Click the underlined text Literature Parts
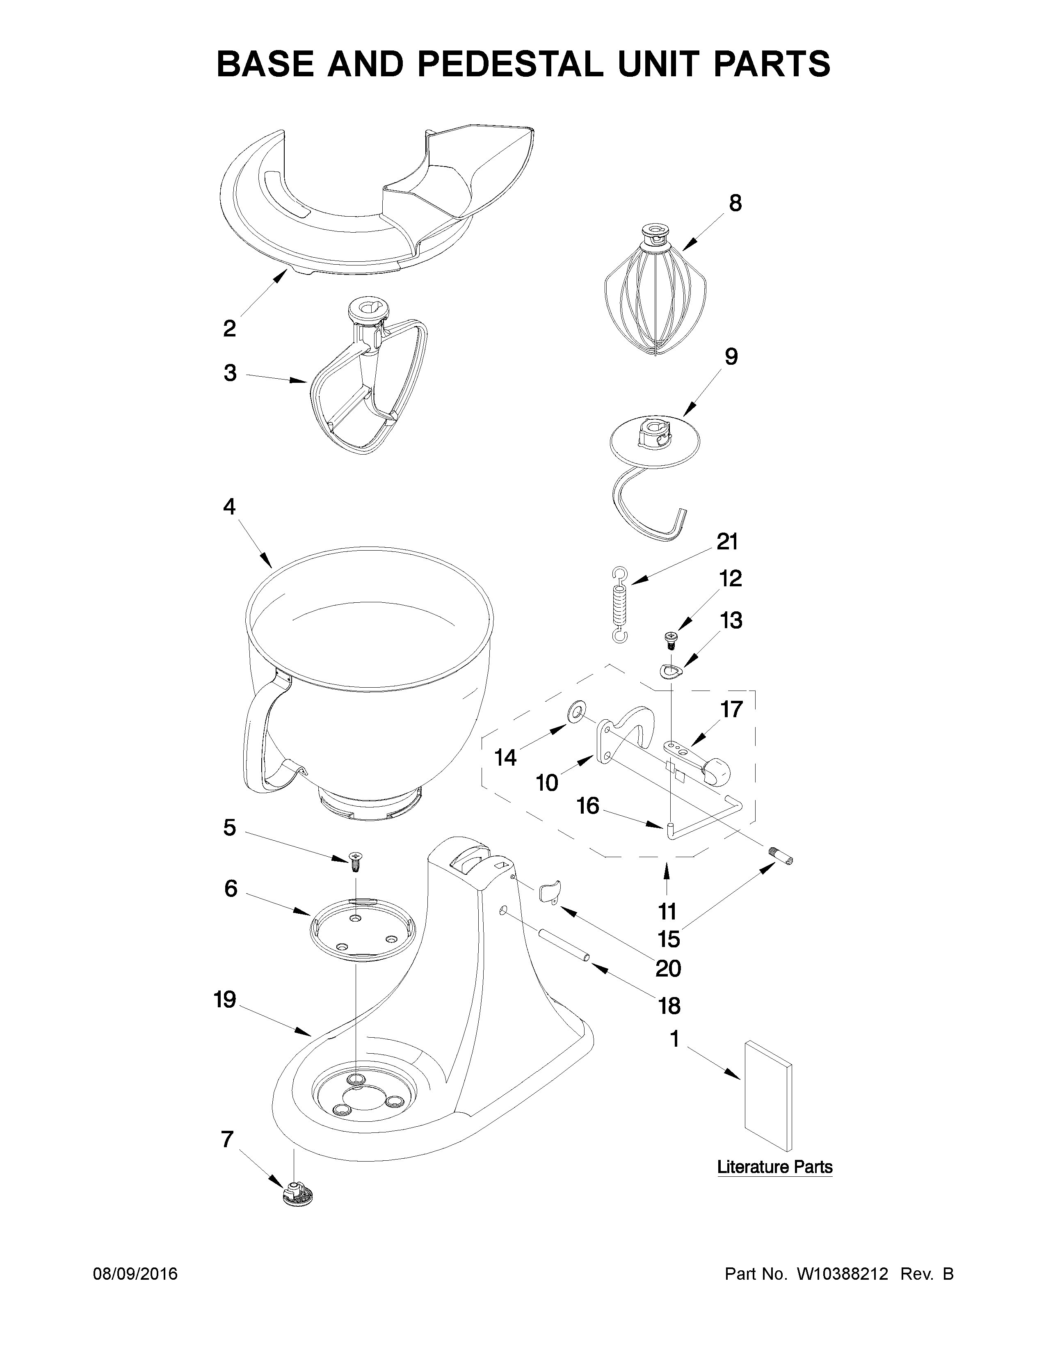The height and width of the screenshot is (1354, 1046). point(774,1167)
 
